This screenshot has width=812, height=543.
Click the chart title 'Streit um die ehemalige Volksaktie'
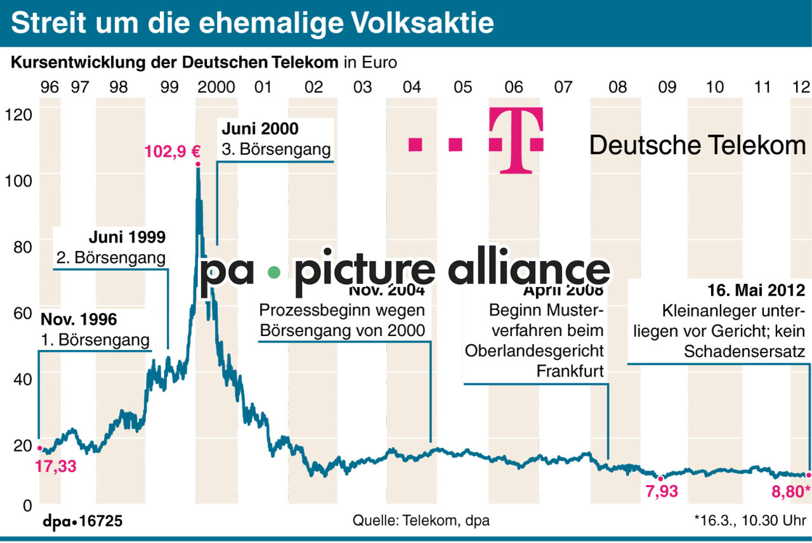(252, 23)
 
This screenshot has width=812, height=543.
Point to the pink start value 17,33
(55, 466)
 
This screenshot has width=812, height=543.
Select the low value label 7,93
(661, 491)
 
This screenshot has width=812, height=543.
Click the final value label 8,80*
(790, 491)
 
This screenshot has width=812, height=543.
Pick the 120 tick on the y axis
(17, 115)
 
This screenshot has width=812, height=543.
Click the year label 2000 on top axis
(216, 87)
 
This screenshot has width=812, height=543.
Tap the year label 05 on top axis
(462, 87)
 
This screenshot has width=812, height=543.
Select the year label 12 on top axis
(802, 87)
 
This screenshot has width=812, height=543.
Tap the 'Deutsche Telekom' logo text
(697, 145)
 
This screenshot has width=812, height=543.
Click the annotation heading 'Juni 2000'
(260, 129)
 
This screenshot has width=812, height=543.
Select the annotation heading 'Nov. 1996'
(79, 319)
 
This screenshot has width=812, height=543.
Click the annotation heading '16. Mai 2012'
(756, 290)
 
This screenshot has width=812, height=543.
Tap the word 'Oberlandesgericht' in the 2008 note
(534, 351)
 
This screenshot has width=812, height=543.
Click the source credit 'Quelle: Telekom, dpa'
(421, 521)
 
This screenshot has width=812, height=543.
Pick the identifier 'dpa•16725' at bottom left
(82, 521)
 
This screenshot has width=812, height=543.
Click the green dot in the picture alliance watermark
(273, 272)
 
